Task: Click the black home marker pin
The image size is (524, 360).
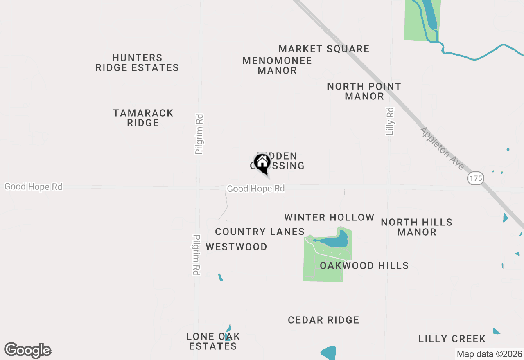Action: click(x=262, y=163)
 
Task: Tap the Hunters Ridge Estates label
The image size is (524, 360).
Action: click(x=137, y=63)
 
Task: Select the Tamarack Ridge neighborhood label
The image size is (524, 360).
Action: click(x=143, y=118)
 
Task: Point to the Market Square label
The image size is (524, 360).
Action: click(x=324, y=49)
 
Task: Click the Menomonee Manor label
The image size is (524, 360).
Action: click(x=277, y=65)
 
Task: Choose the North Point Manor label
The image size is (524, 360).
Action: click(x=364, y=91)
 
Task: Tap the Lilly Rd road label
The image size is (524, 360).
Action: click(x=390, y=121)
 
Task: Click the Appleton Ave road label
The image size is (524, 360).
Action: click(x=442, y=148)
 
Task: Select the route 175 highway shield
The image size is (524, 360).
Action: click(x=476, y=178)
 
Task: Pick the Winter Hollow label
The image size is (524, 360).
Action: click(x=329, y=217)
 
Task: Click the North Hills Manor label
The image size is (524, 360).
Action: click(x=416, y=227)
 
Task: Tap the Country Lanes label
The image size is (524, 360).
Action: click(x=260, y=232)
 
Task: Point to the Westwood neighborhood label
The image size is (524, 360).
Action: click(x=236, y=247)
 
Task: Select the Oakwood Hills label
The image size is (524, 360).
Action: click(x=364, y=266)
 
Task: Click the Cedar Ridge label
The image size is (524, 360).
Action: click(x=323, y=320)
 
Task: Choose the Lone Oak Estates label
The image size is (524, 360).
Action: click(x=213, y=341)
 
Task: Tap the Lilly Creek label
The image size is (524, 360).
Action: click(x=452, y=339)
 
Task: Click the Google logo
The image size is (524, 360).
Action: click(x=28, y=351)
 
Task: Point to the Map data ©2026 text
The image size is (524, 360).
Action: click(x=489, y=354)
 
